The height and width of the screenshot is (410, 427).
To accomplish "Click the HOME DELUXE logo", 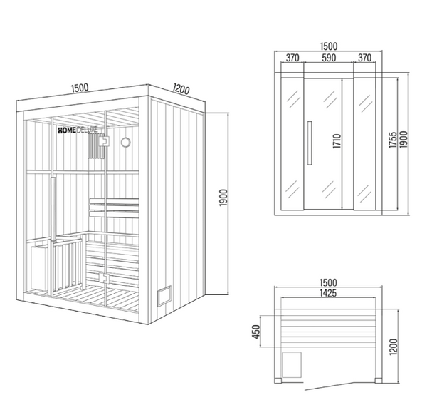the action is [78, 130].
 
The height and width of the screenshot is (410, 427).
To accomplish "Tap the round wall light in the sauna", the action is [125, 142].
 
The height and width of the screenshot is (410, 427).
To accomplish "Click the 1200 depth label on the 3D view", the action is [181, 89].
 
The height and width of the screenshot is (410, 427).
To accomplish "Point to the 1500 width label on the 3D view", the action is [80, 88].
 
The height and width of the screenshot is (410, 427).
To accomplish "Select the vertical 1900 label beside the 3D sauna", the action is [223, 198].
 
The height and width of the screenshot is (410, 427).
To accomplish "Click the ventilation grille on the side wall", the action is [164, 296].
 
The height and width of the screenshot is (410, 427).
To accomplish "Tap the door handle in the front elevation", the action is [310, 143].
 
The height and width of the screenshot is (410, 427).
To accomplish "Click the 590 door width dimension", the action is [328, 58].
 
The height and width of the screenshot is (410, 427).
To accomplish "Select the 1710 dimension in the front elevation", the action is [337, 141].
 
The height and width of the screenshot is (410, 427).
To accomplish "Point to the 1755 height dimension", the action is [392, 140].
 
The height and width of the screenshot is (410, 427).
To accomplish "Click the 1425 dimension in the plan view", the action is [328, 293].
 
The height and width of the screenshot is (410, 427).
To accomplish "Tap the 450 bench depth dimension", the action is [256, 332].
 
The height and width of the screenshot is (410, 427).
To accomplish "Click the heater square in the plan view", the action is [292, 364].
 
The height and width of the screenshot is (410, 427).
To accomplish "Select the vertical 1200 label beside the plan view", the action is [394, 347].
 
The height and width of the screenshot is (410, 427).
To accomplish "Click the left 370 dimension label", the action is [292, 58].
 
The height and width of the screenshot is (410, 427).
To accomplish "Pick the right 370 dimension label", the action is [364, 58].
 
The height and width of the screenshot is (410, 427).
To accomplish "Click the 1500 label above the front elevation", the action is [329, 46].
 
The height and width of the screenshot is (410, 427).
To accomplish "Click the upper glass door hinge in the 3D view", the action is [104, 141].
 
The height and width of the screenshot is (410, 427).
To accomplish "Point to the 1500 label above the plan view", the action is [328, 282].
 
